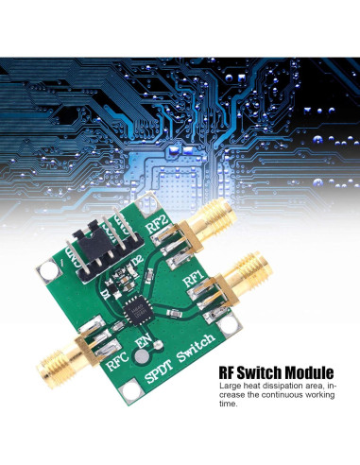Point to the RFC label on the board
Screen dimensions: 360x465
pos(116,360)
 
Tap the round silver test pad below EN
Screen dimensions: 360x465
pos(141,358)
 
